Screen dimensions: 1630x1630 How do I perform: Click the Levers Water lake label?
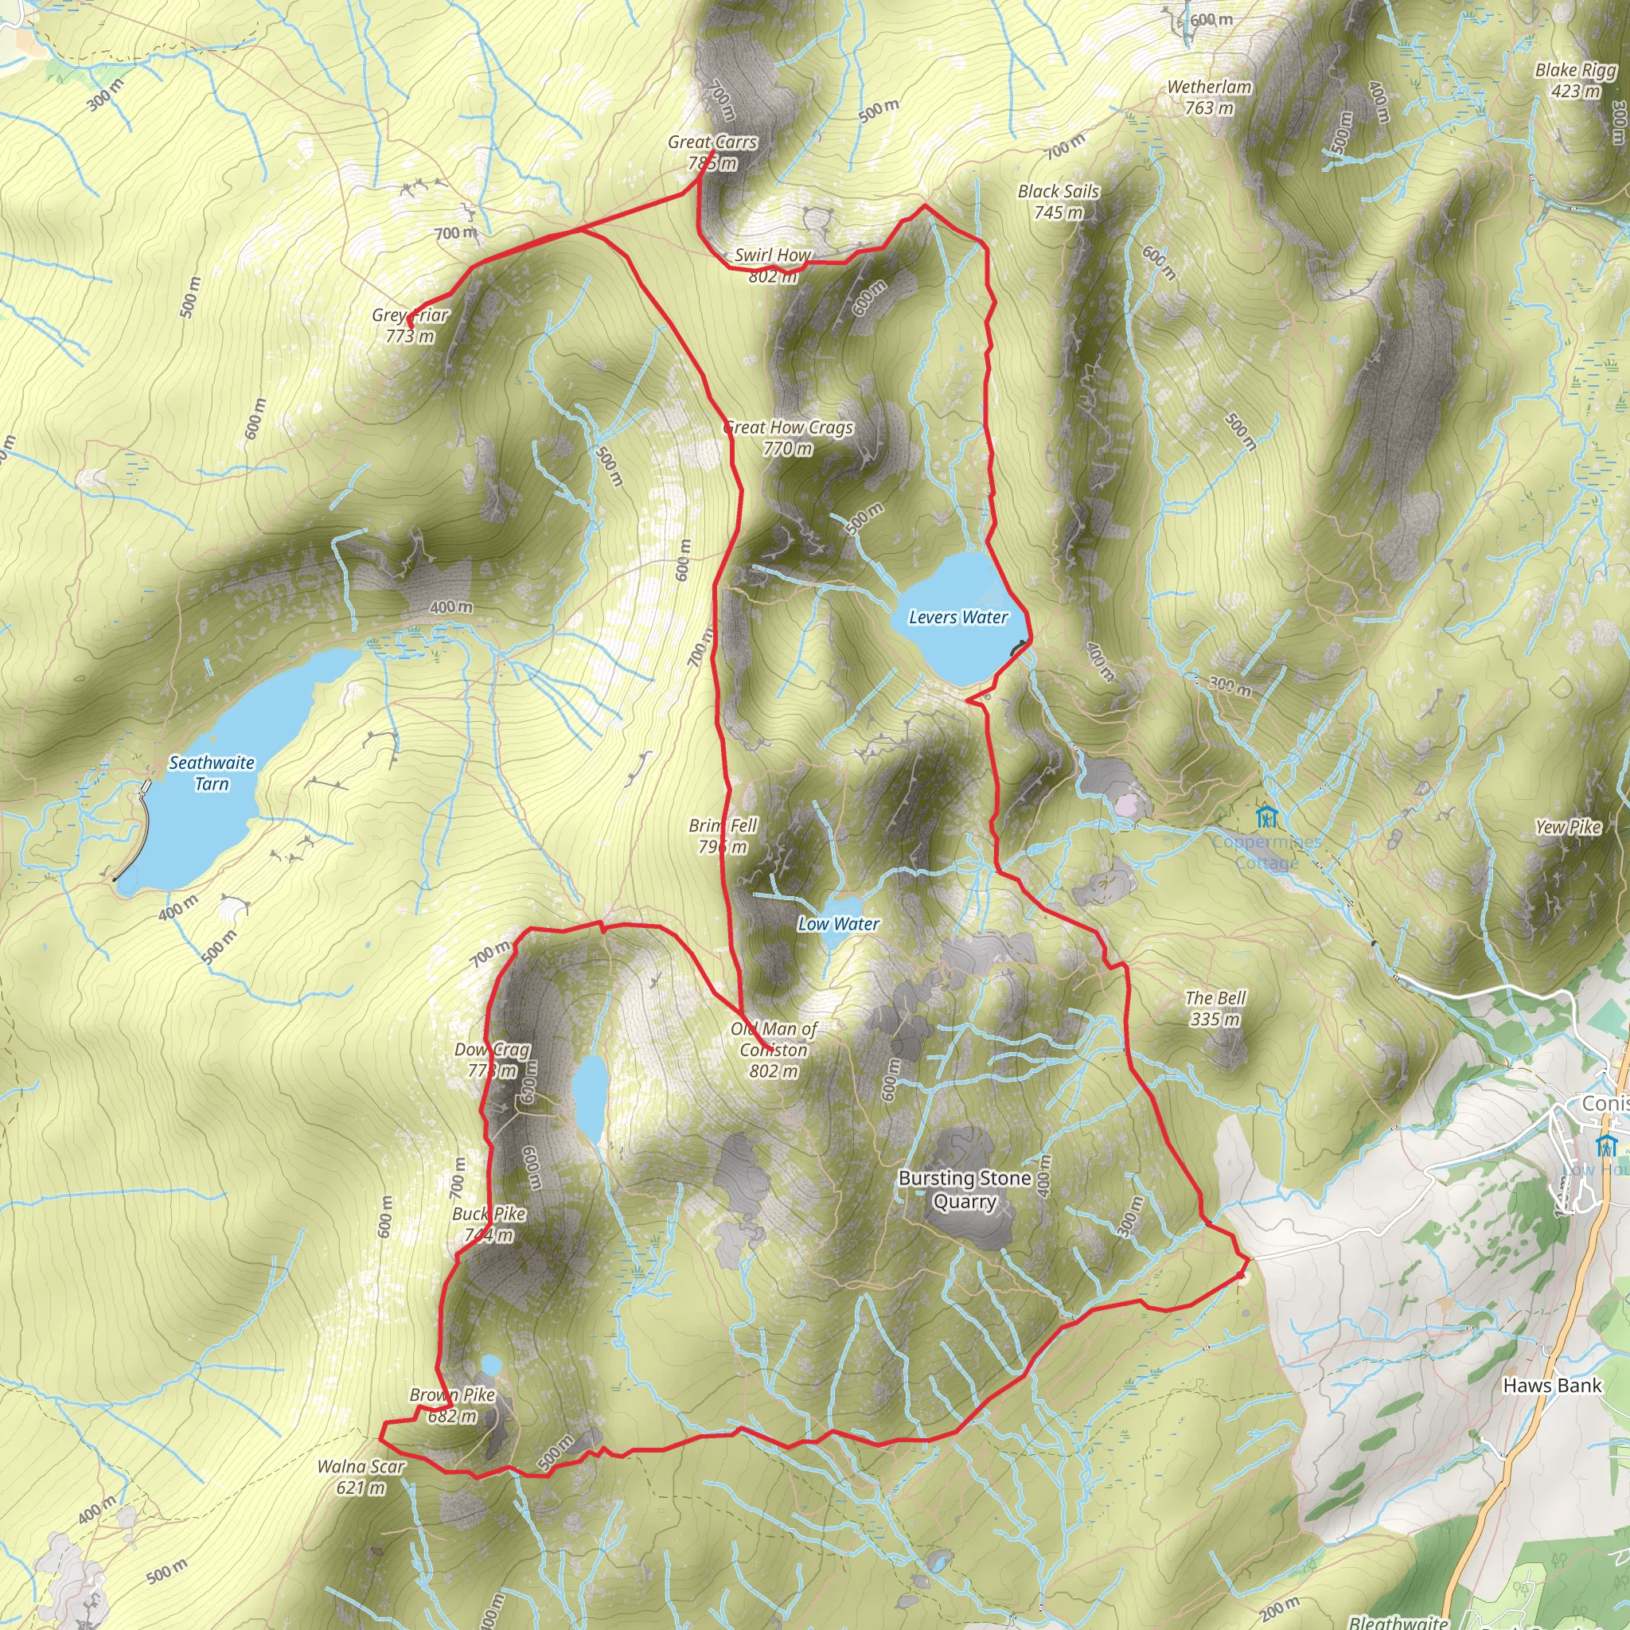957,618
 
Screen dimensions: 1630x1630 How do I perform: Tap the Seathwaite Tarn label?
212,773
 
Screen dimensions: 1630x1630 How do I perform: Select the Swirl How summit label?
772,265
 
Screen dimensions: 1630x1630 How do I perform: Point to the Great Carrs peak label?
712,153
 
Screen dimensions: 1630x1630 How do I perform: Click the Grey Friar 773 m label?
410,326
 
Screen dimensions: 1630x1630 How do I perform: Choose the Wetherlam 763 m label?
1209,97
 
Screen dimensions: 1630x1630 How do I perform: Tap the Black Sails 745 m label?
1058,201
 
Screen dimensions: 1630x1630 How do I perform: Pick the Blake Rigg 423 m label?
1575,80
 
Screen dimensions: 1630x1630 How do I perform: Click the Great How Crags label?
788,438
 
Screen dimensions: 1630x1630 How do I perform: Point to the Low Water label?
839,924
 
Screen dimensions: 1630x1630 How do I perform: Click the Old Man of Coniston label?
774,1050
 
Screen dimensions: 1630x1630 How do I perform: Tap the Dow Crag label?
493,1059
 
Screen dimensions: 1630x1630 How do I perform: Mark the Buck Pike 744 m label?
489,1224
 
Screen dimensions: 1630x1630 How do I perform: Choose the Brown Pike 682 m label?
452,1406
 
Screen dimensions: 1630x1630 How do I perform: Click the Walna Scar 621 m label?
361,1476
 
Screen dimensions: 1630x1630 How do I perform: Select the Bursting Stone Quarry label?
965,1189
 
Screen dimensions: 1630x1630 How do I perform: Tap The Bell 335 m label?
1215,1008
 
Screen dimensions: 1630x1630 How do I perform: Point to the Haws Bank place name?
1551,1386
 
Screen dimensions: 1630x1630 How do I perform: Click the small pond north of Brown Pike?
490,1365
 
